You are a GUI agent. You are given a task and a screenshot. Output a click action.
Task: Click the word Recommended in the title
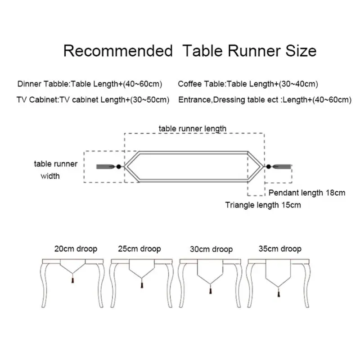tap(118, 51)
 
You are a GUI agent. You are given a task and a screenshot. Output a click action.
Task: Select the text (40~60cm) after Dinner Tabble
tap(143, 84)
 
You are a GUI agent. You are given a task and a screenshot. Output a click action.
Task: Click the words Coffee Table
tap(202, 84)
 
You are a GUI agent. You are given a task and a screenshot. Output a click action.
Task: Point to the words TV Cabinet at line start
tap(38, 100)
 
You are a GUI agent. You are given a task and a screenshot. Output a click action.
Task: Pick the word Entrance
tap(195, 100)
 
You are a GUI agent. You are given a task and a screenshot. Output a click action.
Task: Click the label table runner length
tap(193, 129)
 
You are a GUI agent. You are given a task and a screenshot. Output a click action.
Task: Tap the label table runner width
tap(55, 170)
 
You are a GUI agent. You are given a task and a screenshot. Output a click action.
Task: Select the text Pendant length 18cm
tap(307, 193)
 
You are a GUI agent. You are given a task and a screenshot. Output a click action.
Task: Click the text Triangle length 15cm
tap(263, 205)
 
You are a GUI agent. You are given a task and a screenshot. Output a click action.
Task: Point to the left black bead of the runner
tap(118, 166)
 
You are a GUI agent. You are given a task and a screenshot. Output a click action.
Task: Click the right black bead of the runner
tap(268, 166)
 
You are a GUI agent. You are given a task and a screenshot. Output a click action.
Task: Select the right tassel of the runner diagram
tap(282, 166)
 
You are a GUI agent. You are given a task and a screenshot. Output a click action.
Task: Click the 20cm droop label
tap(76, 249)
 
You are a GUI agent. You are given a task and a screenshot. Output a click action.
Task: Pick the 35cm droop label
tap(280, 249)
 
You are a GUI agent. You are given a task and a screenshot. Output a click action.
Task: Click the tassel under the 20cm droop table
tap(73, 280)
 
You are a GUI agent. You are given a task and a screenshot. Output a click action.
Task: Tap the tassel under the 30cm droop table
tap(210, 291)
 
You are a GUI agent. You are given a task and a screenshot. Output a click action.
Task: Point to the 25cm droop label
tap(139, 249)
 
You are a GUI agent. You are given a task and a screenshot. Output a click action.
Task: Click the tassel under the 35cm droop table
tap(279, 294)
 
